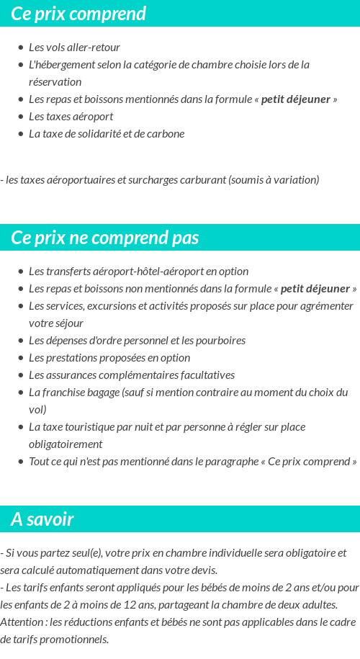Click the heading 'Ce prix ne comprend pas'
tap(105, 238)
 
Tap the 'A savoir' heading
tap(42, 519)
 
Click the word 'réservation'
tap(55, 82)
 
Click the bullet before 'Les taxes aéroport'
tap(21, 117)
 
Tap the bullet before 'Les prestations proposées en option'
tap(21, 358)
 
